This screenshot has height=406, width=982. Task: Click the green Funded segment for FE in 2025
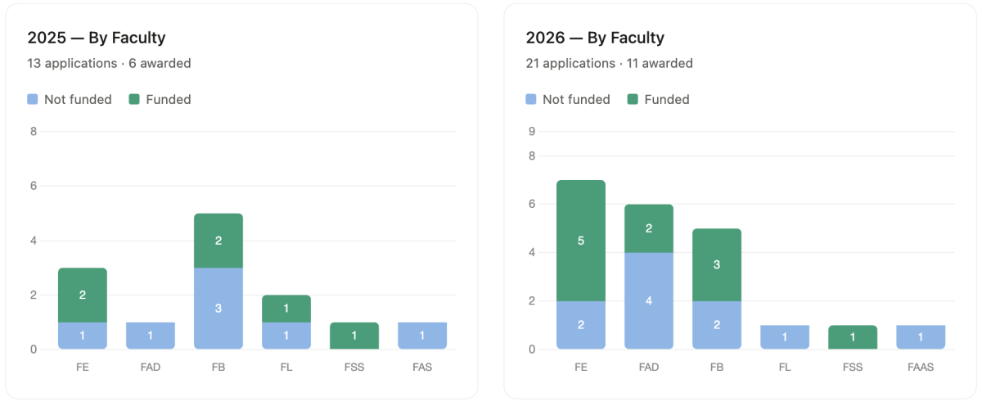pos(83,295)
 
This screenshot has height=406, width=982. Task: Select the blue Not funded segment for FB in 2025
pos(218,308)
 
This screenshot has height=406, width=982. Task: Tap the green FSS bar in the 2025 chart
pos(354,336)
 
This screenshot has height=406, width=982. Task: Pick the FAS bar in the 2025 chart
pos(422,336)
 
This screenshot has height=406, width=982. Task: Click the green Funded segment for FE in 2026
pos(581,241)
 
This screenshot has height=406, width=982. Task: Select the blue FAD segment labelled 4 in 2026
pos(649,300)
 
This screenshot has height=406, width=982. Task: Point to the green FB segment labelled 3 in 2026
pos(717,264)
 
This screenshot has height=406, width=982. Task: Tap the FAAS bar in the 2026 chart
pos(921,336)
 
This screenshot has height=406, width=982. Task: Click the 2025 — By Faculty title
pos(97,38)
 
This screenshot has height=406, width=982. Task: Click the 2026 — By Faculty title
pos(595,38)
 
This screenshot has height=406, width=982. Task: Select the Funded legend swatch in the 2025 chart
pos(134,99)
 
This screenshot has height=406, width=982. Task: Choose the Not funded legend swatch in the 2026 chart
pos(531,99)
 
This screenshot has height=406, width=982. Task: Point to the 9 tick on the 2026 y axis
pos(532,131)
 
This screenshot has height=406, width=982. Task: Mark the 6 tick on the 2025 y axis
pos(34,186)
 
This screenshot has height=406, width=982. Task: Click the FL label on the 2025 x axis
pos(286,368)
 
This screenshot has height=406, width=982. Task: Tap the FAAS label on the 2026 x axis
pos(921,368)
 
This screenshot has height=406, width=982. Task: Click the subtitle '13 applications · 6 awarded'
pos(109,63)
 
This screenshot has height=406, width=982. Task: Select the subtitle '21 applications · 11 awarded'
pos(609,63)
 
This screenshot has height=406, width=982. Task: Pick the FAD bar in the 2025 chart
pos(151,336)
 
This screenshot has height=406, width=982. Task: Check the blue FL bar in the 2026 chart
pos(785,336)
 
